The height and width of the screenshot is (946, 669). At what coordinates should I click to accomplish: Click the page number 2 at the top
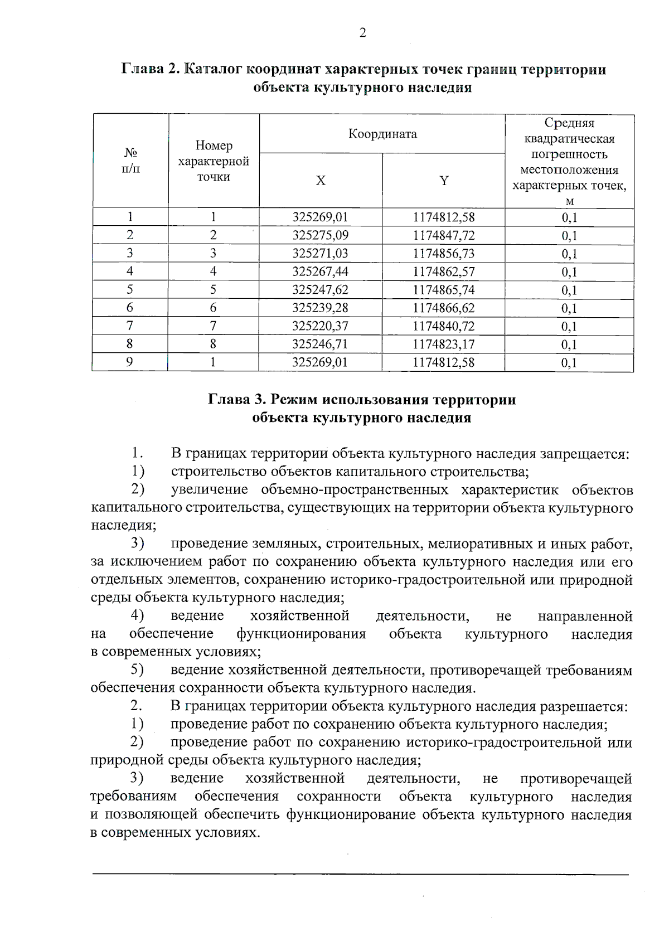(x=362, y=33)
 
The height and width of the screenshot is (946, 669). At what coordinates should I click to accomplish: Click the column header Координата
(x=382, y=134)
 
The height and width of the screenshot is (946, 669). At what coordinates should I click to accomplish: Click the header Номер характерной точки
(x=214, y=161)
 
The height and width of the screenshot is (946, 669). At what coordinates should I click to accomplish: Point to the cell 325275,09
(x=321, y=235)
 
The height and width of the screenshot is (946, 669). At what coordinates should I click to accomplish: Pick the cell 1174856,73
(x=444, y=254)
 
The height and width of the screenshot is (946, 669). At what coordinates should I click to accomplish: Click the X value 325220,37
(x=321, y=326)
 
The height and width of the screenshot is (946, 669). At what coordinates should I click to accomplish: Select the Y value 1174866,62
(x=444, y=308)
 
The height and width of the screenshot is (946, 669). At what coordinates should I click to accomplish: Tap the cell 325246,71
(x=321, y=344)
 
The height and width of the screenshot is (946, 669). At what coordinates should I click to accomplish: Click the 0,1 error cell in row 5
(x=569, y=290)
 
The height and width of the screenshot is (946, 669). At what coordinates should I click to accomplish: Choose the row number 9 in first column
(x=130, y=362)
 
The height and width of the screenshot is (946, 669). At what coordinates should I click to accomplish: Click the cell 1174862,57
(x=444, y=271)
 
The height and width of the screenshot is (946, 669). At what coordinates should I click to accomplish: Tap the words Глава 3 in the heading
(x=235, y=400)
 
